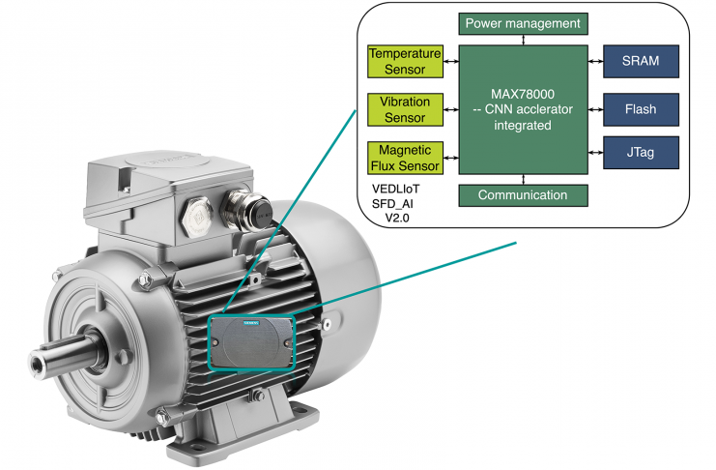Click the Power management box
(523, 22)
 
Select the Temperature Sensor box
(404, 62)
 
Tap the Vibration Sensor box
(404, 109)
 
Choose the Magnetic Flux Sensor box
(404, 157)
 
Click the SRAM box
(641, 62)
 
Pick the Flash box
(641, 109)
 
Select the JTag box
(641, 151)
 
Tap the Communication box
(523, 194)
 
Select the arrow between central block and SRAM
(596, 62)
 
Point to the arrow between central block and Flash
(596, 109)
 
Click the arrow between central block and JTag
(596, 151)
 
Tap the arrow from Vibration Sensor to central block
(450, 109)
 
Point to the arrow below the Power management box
(523, 39)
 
